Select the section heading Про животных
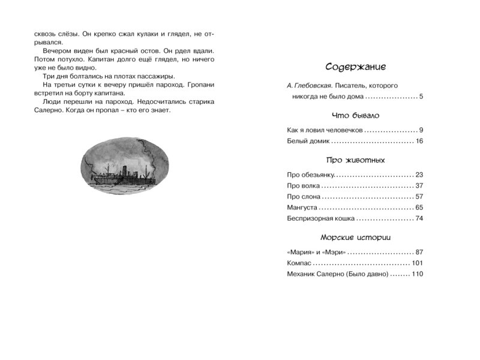pos(355,160)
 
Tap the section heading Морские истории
pos(355,237)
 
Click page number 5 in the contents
pos(422,97)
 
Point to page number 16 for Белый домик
pos(419,141)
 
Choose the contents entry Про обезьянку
pos(310,175)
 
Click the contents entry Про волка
pos(302,185)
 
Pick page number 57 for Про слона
pos(419,196)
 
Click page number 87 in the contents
pos(419,252)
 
